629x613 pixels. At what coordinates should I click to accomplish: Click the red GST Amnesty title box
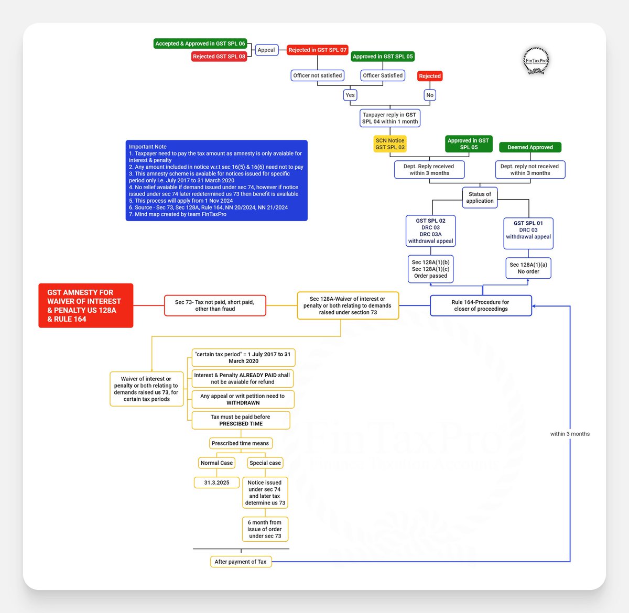click(85, 305)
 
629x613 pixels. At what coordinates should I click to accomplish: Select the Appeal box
click(267, 50)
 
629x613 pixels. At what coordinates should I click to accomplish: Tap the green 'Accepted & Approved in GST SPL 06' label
click(200, 43)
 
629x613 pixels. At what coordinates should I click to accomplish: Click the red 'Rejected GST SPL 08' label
click(219, 57)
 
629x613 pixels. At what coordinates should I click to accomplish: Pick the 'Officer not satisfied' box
click(318, 75)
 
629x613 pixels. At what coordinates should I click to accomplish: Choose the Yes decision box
click(350, 95)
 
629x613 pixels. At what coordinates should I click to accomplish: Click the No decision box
click(430, 95)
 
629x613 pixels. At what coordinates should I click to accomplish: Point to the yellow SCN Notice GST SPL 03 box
click(390, 144)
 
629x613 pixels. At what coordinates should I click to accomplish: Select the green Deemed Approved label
click(530, 147)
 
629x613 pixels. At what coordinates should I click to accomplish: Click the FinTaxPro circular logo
click(536, 60)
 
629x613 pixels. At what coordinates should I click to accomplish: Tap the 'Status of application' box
click(480, 198)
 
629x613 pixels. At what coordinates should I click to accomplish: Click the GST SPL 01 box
click(528, 233)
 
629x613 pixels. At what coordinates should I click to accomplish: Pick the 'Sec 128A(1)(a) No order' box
click(528, 268)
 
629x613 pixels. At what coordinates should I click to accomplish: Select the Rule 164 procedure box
click(481, 305)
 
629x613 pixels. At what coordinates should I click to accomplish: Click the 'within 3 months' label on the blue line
click(570, 434)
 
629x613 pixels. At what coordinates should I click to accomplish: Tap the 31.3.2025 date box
click(216, 483)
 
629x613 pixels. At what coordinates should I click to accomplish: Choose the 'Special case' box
click(265, 463)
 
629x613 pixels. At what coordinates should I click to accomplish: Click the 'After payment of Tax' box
click(241, 562)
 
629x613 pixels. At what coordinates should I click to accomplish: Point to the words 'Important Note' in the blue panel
click(148, 147)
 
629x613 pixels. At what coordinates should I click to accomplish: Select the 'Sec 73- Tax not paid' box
click(215, 305)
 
